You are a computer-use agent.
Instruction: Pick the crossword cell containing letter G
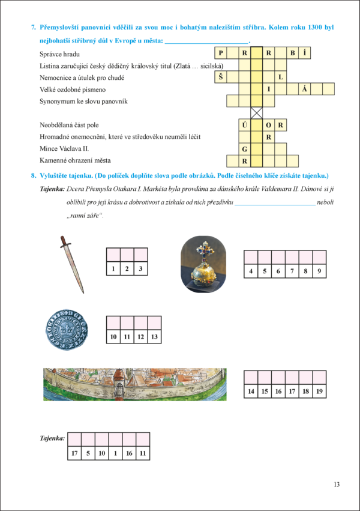click(x=245, y=148)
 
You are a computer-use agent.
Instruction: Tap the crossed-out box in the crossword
click(x=257, y=112)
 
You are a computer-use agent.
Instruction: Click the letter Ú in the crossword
click(x=245, y=125)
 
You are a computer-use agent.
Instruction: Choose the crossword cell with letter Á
click(x=305, y=89)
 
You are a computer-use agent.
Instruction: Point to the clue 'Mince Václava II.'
click(x=65, y=149)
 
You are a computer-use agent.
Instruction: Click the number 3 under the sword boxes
click(x=140, y=269)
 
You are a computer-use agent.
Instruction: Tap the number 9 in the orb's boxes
click(x=319, y=271)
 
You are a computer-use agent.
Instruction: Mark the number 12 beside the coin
click(x=140, y=337)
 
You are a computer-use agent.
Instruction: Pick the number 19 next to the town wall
click(x=319, y=392)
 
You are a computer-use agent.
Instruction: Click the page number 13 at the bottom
click(x=336, y=485)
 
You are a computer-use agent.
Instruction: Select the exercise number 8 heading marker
click(x=33, y=175)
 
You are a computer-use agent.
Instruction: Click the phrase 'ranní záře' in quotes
click(x=85, y=214)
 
